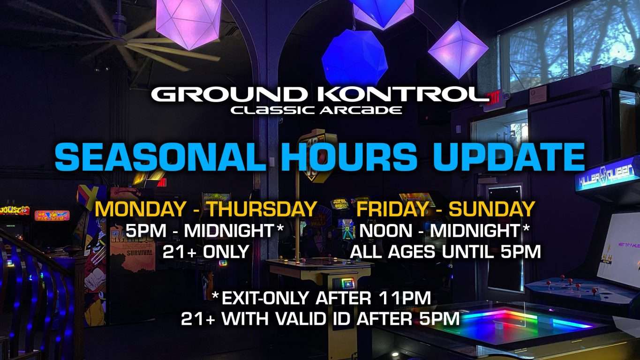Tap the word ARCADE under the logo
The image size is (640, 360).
(361, 110)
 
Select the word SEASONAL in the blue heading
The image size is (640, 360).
(160, 157)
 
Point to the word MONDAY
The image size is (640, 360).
(140, 209)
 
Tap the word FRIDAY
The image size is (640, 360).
(392, 209)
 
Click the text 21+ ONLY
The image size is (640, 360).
(206, 252)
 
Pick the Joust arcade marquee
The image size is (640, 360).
(15, 210)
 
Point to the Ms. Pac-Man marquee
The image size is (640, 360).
(52, 216)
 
